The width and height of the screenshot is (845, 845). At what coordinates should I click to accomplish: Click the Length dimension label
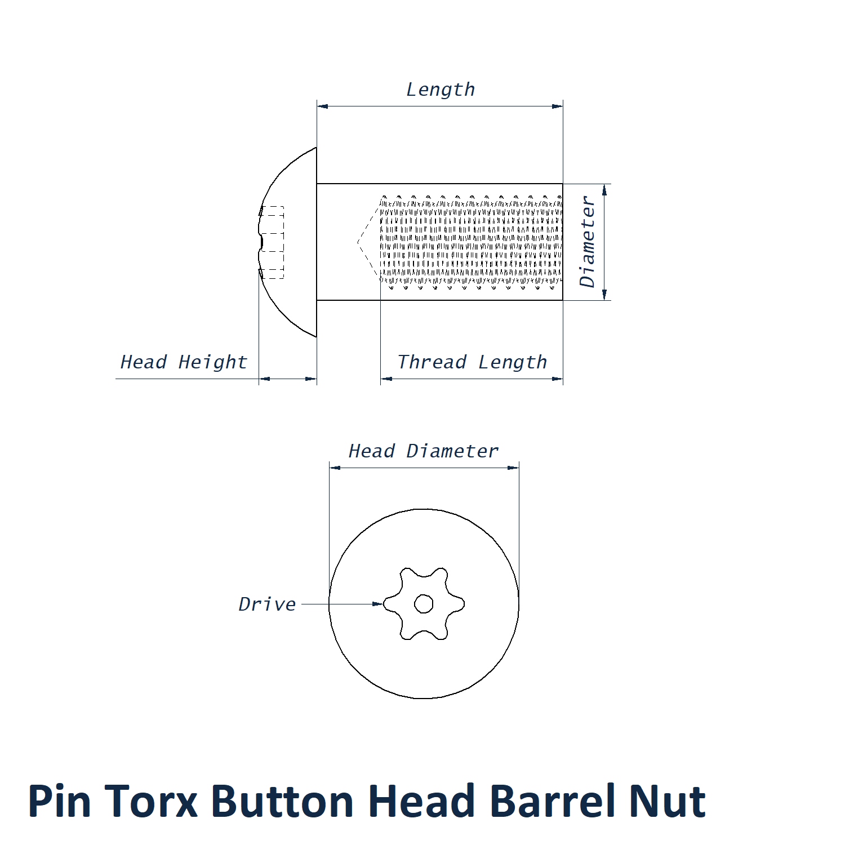(441, 90)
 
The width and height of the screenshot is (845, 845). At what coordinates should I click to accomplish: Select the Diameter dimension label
(587, 242)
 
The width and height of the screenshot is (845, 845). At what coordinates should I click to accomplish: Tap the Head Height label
(184, 362)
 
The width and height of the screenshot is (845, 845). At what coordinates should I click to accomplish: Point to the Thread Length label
(472, 362)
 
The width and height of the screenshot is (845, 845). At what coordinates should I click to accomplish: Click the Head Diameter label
(424, 451)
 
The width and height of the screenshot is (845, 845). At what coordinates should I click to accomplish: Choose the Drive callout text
(267, 604)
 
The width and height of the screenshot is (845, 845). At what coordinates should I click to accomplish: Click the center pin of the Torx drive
(424, 604)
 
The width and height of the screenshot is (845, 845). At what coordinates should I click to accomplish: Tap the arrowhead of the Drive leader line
(378, 604)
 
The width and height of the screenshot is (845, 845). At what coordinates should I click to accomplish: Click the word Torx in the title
(151, 801)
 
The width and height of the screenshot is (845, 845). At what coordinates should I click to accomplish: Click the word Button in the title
(282, 801)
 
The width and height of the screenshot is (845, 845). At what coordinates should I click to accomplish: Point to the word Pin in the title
(59, 801)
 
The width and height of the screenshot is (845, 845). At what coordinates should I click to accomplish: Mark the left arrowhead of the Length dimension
(322, 106)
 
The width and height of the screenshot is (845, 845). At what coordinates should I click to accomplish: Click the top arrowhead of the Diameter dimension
(604, 190)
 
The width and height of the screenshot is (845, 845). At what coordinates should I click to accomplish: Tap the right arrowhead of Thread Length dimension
(557, 379)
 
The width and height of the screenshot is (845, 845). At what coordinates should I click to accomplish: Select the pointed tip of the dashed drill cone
(358, 243)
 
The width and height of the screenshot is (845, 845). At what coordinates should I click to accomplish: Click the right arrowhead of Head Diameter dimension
(513, 468)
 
